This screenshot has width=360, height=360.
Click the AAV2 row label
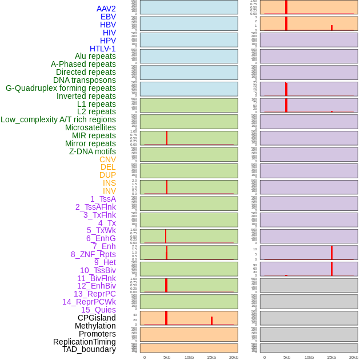click(x=106, y=9)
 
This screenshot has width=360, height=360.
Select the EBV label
click(x=108, y=17)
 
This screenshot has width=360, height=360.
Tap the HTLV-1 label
click(x=103, y=49)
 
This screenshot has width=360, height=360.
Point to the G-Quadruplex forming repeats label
click(x=61, y=88)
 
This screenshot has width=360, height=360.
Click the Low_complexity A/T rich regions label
click(x=58, y=119)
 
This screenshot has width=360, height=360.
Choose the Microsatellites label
click(x=90, y=127)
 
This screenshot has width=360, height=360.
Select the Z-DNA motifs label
click(x=93, y=151)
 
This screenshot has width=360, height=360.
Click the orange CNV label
click(x=107, y=159)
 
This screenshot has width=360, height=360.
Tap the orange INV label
click(x=109, y=191)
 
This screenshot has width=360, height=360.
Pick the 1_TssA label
click(x=103, y=199)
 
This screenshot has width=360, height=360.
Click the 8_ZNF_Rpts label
click(x=93, y=254)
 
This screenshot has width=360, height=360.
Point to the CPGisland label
click(x=97, y=318)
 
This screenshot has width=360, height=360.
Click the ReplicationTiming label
click(x=85, y=342)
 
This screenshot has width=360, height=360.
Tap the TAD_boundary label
click(x=89, y=349)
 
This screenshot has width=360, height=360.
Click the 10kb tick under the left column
click(x=189, y=357)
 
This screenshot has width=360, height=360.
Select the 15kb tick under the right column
click(x=331, y=357)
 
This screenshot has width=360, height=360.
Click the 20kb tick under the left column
click(x=234, y=357)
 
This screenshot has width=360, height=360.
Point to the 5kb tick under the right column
click(x=287, y=357)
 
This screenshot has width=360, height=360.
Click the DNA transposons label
click(x=85, y=80)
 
